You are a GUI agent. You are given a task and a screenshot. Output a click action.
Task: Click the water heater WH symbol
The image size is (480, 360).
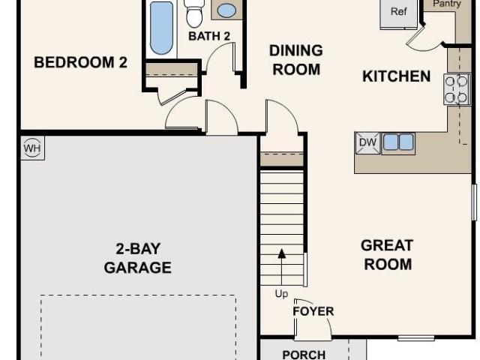pyautogui.click(x=32, y=148)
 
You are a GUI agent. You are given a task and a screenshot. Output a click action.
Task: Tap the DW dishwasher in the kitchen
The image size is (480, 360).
pyautogui.click(x=367, y=142)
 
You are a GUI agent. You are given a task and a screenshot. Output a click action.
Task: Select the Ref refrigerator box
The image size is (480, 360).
pyautogui.click(x=398, y=12)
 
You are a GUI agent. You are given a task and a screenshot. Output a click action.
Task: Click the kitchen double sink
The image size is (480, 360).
pyautogui.click(x=398, y=142)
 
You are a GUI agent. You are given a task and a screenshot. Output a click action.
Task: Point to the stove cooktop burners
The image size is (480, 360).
pyautogui.click(x=456, y=89)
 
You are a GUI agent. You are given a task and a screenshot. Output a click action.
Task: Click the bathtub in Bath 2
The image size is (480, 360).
pyautogui.click(x=161, y=28)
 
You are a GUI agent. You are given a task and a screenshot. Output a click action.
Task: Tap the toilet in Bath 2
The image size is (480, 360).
pyautogui.click(x=194, y=13)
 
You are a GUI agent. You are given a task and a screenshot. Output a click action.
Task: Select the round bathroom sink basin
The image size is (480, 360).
pyautogui.click(x=226, y=10)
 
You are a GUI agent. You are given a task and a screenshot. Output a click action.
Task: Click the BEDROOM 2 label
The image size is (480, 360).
pyautogui.click(x=80, y=62)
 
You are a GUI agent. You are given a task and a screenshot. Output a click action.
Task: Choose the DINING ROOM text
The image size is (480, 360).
pyautogui.click(x=296, y=60)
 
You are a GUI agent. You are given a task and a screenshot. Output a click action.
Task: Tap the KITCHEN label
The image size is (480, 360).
pyautogui.click(x=397, y=76)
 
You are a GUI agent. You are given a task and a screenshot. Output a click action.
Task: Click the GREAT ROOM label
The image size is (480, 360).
pyautogui.click(x=387, y=255)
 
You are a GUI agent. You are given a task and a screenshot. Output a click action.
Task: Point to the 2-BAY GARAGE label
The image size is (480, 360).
pyautogui.click(x=138, y=258)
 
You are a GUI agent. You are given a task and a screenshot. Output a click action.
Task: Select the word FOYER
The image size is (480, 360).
pyautogui.click(x=313, y=311)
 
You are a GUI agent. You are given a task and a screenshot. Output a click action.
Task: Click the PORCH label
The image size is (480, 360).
pyautogui.click(x=304, y=355)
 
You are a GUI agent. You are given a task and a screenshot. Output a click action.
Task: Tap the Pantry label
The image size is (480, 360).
pyautogui.click(x=447, y=3)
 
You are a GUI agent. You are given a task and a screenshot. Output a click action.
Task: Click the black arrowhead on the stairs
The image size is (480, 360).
pyautogui.click(x=282, y=253)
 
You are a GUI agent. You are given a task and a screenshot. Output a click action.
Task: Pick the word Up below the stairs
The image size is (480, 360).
pyautogui.click(x=282, y=294)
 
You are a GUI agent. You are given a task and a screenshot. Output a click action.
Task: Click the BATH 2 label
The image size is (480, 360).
pyautogui.click(x=209, y=36)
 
